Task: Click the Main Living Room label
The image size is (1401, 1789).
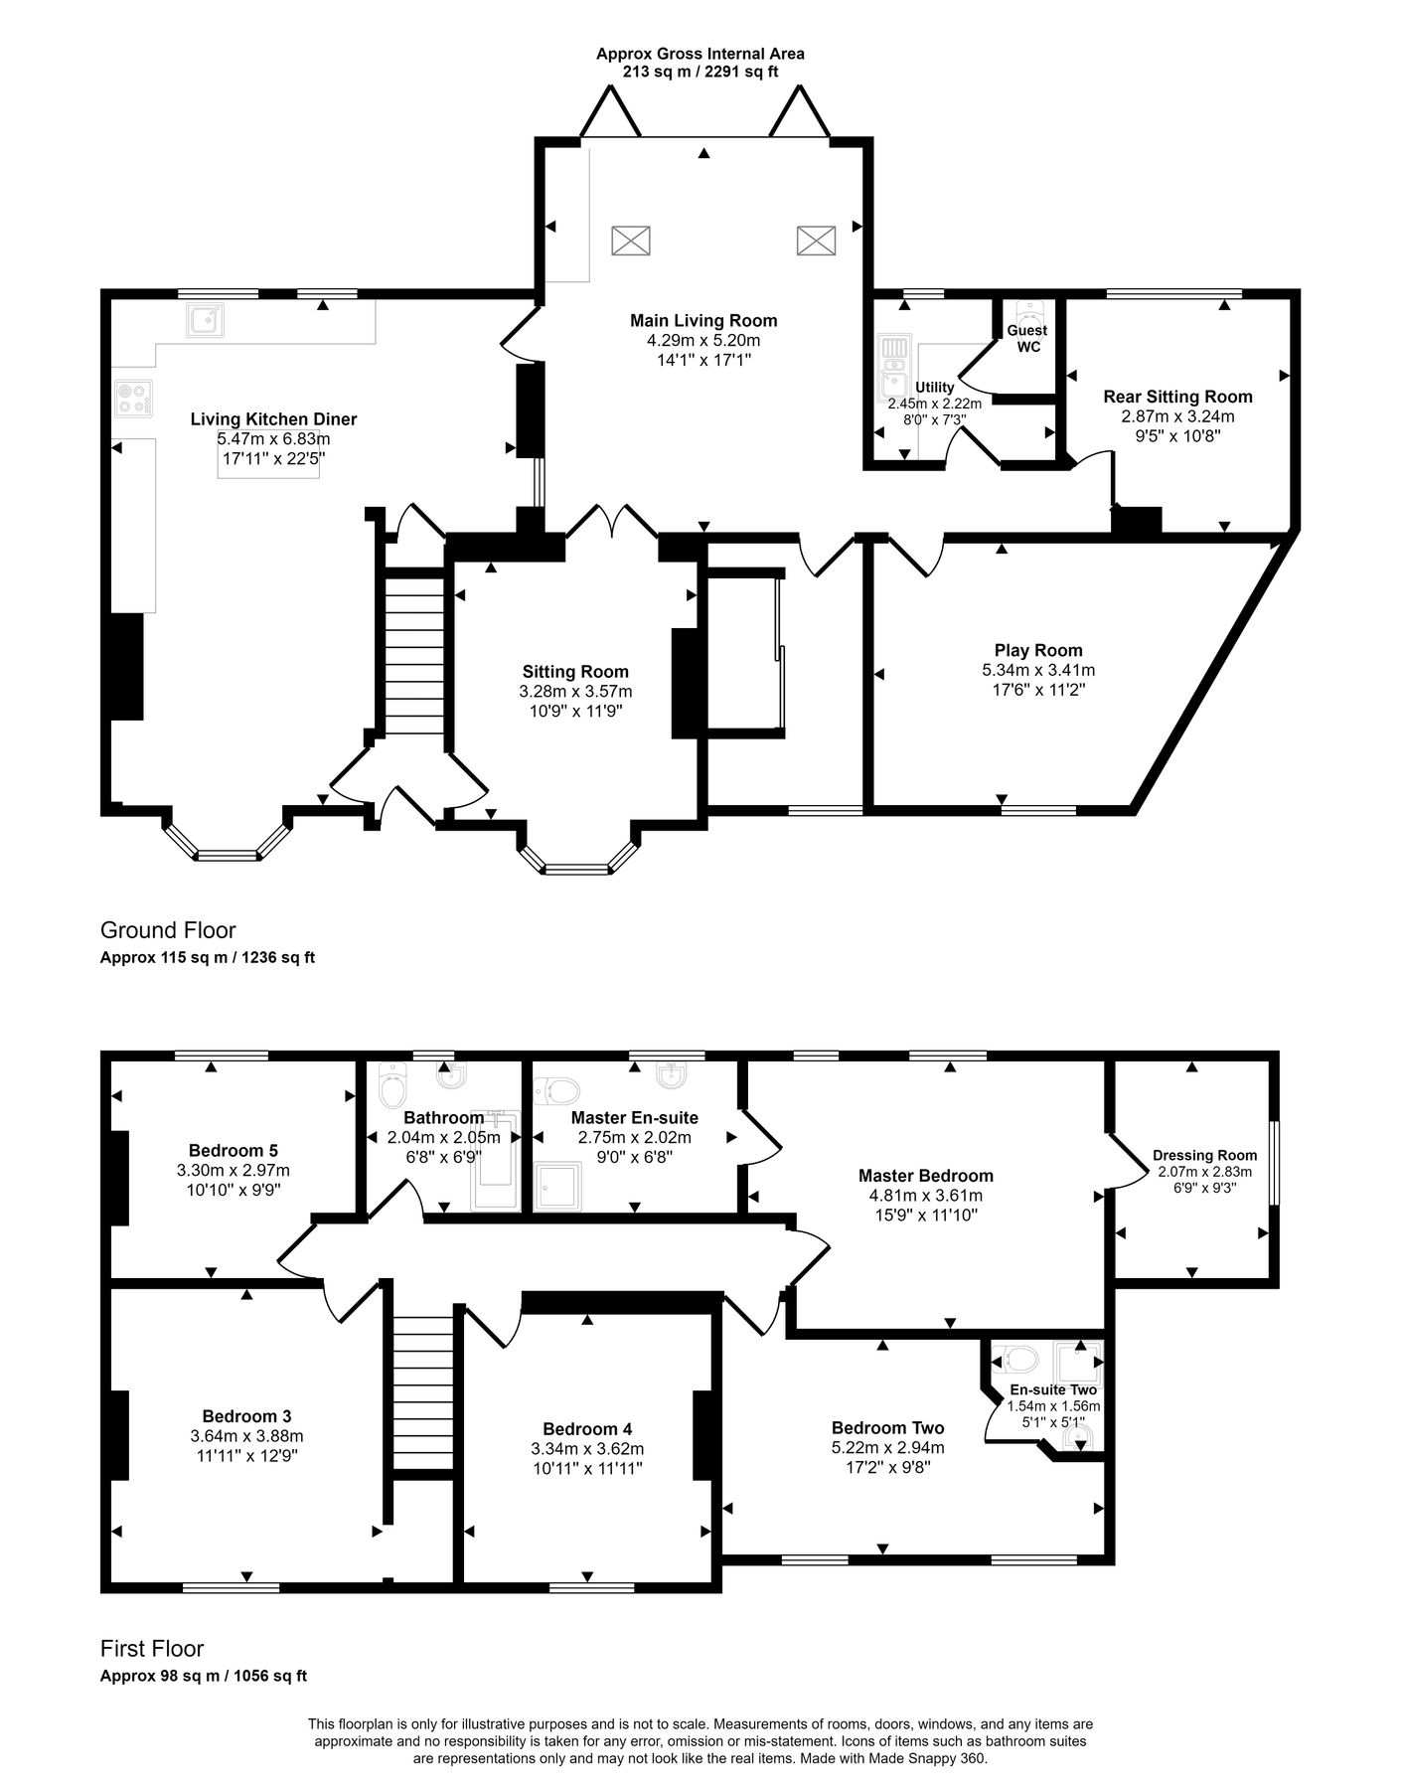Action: pyautogui.click(x=703, y=320)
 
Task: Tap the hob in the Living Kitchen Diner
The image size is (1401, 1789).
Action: pyautogui.click(x=133, y=399)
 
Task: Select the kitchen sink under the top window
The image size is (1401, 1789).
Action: pyautogui.click(x=205, y=320)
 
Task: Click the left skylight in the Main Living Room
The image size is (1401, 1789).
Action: pyautogui.click(x=630, y=241)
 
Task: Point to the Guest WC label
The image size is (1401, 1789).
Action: pyautogui.click(x=1027, y=338)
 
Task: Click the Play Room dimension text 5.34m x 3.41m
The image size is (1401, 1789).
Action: pyautogui.click(x=1038, y=670)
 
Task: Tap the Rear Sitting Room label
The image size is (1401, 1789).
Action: pyautogui.click(x=1177, y=396)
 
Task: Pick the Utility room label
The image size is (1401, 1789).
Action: pyautogui.click(x=935, y=387)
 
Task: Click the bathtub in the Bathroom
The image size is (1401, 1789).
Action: pyautogui.click(x=496, y=1161)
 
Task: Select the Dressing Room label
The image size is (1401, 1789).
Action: pyautogui.click(x=1204, y=1155)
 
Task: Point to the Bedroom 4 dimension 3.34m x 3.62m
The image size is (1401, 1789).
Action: pyautogui.click(x=586, y=1448)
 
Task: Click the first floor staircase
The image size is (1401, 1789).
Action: pyautogui.click(x=423, y=1391)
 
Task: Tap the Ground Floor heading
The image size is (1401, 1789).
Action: pyautogui.click(x=168, y=930)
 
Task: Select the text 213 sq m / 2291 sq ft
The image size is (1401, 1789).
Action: pyautogui.click(x=700, y=72)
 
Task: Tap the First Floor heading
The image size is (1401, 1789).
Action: pyautogui.click(x=152, y=1649)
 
